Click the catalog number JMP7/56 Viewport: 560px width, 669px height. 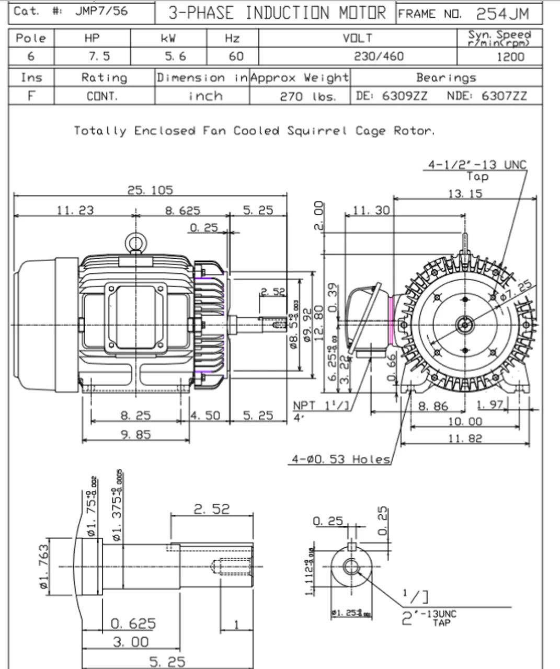[x=101, y=11]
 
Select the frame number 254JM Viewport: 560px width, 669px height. [x=502, y=14]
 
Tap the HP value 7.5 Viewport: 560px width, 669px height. [x=92, y=56]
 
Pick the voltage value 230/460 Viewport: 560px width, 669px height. [x=379, y=56]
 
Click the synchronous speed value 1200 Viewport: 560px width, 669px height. [x=510, y=56]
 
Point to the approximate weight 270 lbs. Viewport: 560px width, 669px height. [x=307, y=96]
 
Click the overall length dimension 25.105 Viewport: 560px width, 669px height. [x=150, y=190]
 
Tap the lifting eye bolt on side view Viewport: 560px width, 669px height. [x=135, y=243]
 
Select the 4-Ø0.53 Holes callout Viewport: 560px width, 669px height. [x=341, y=459]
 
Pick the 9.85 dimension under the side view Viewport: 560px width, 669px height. [x=136, y=434]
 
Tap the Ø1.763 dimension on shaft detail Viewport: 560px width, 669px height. [x=44, y=567]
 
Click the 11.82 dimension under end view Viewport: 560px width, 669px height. [x=465, y=438]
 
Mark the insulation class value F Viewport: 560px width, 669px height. [x=31, y=96]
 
